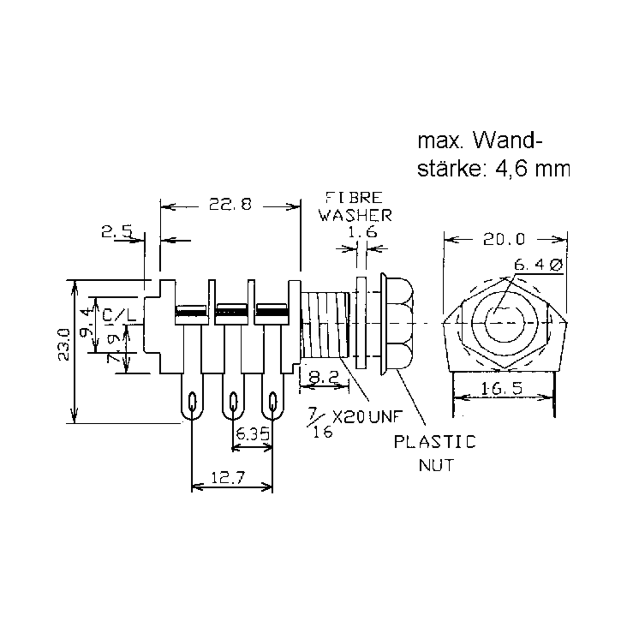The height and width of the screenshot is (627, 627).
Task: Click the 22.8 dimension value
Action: tap(230, 205)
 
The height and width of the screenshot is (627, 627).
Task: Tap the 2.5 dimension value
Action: tap(117, 232)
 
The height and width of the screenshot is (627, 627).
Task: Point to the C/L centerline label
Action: tap(119, 315)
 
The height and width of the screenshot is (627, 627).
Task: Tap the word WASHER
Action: tap(355, 216)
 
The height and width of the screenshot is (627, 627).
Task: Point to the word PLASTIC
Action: tap(435, 442)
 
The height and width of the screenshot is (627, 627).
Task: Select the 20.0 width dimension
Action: tap(504, 240)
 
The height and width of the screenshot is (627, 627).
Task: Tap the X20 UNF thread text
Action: tap(368, 417)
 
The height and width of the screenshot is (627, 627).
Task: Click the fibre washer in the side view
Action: tap(361, 323)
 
